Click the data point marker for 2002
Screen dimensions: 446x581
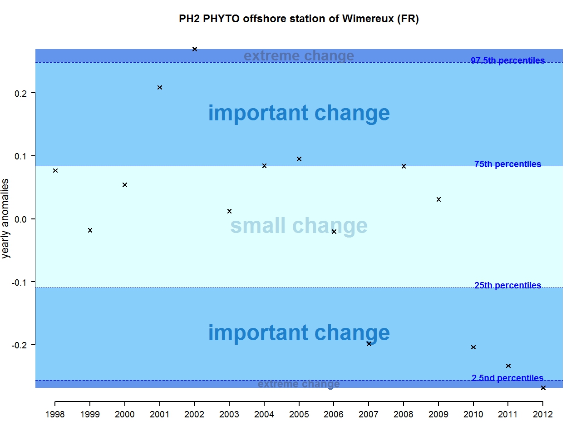(195, 49)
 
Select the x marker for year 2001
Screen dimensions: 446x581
(160, 87)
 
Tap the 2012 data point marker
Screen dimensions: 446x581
(543, 388)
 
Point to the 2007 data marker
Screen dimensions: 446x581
(369, 344)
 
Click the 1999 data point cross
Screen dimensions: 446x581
(90, 230)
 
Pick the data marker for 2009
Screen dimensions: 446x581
(438, 199)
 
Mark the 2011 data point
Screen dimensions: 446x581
(508, 366)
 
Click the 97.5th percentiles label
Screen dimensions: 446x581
(507, 60)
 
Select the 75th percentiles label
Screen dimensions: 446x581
(507, 164)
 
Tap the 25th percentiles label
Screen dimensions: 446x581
(507, 285)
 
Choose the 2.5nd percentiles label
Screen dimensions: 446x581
(507, 378)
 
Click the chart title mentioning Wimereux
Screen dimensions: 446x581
(299, 19)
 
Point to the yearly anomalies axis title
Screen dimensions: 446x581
(5, 218)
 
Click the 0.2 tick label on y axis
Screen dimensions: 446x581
(21, 94)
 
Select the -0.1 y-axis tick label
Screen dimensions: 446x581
(20, 282)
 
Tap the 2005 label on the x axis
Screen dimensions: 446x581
(299, 414)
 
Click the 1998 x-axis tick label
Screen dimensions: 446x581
(55, 414)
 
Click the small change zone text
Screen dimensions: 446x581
(299, 226)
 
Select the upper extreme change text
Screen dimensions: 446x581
(299, 55)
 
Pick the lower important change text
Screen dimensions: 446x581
(299, 333)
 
